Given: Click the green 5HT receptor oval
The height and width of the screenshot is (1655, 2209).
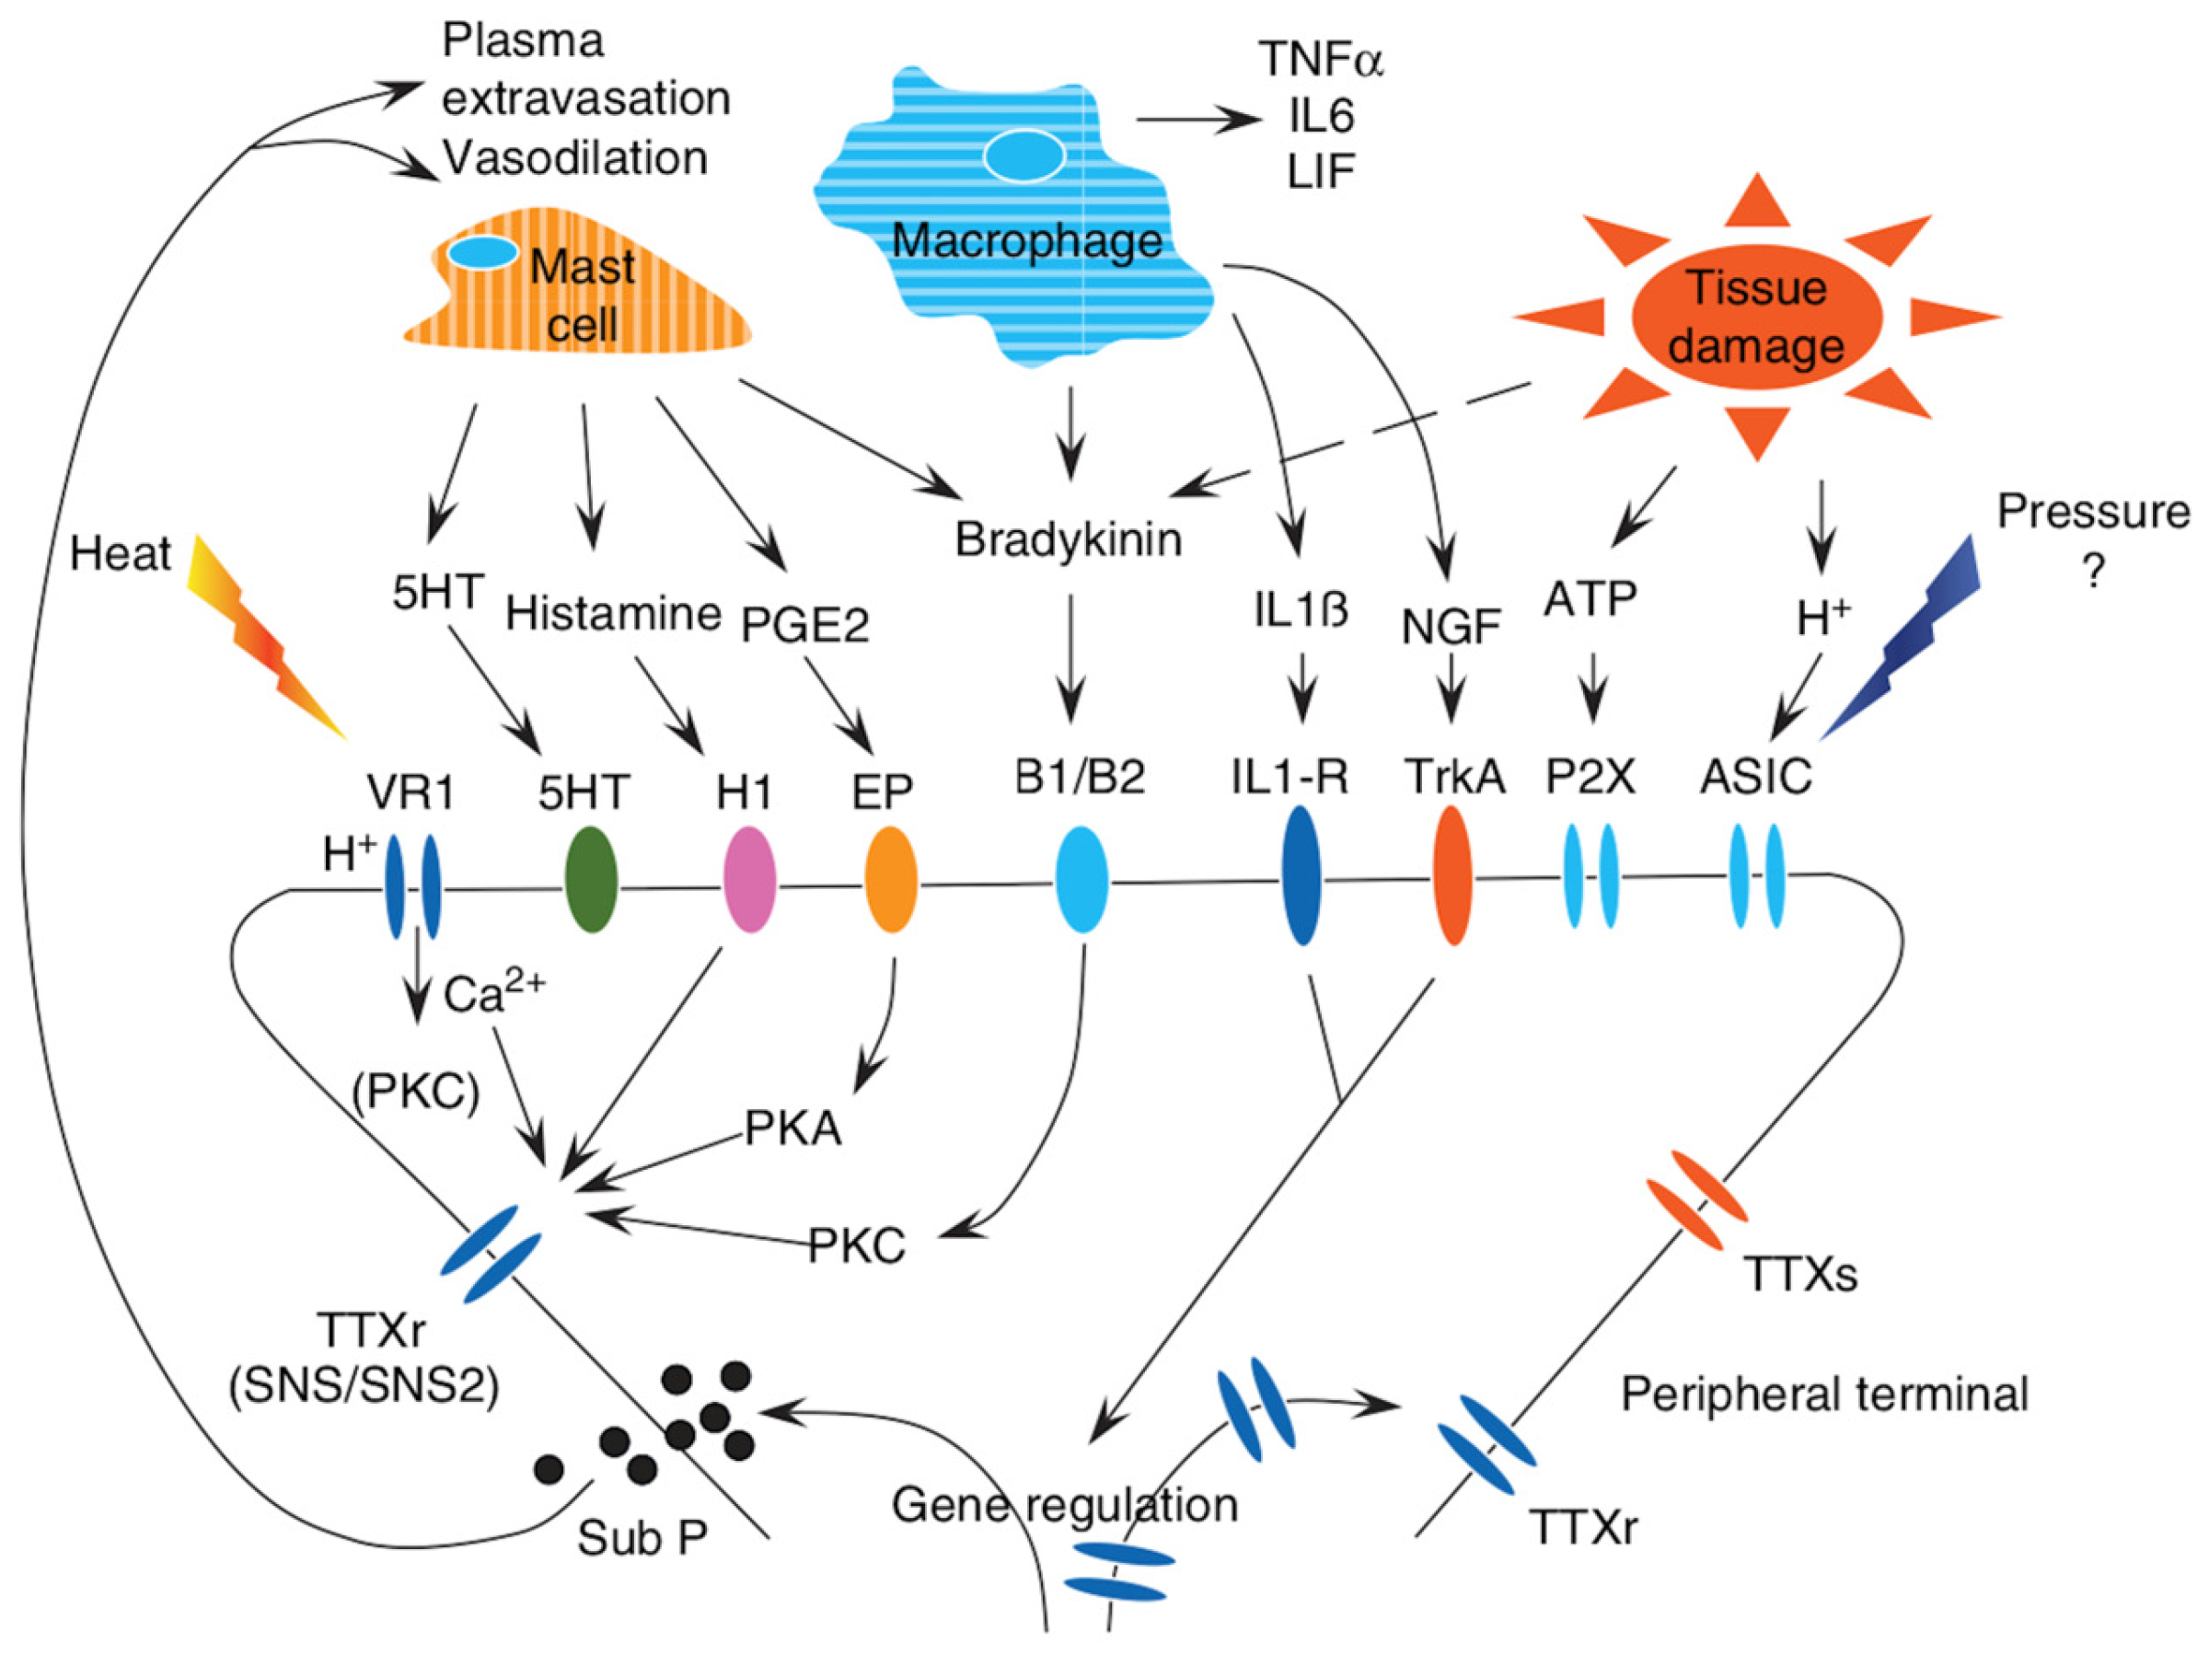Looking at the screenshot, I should click(590, 879).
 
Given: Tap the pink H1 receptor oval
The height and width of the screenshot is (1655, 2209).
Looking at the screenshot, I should click(749, 879).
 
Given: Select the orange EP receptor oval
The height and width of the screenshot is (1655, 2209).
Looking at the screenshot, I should click(890, 879).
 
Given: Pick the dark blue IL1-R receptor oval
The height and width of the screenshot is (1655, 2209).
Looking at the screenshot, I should click(1301, 875).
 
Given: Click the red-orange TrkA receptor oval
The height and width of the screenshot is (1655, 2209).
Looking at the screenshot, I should click(1452, 875).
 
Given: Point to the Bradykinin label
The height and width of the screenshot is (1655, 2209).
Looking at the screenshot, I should click(1068, 539).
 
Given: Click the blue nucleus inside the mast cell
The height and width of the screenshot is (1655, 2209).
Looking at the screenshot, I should click(482, 251).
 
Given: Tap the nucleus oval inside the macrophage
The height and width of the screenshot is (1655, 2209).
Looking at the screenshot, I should click(1024, 156).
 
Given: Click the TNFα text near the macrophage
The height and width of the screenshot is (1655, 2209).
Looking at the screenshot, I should click(1320, 59).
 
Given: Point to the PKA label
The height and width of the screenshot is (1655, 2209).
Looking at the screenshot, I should click(792, 1128).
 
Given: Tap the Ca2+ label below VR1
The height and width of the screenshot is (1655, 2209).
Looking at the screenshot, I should click(493, 993).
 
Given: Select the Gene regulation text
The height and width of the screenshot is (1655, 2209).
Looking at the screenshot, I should click(1064, 1504).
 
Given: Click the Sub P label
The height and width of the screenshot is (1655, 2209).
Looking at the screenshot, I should click(642, 1538).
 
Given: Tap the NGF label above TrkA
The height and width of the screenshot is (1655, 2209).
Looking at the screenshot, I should click(1450, 627).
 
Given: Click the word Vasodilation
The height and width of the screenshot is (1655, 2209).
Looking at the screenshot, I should click(575, 157).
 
